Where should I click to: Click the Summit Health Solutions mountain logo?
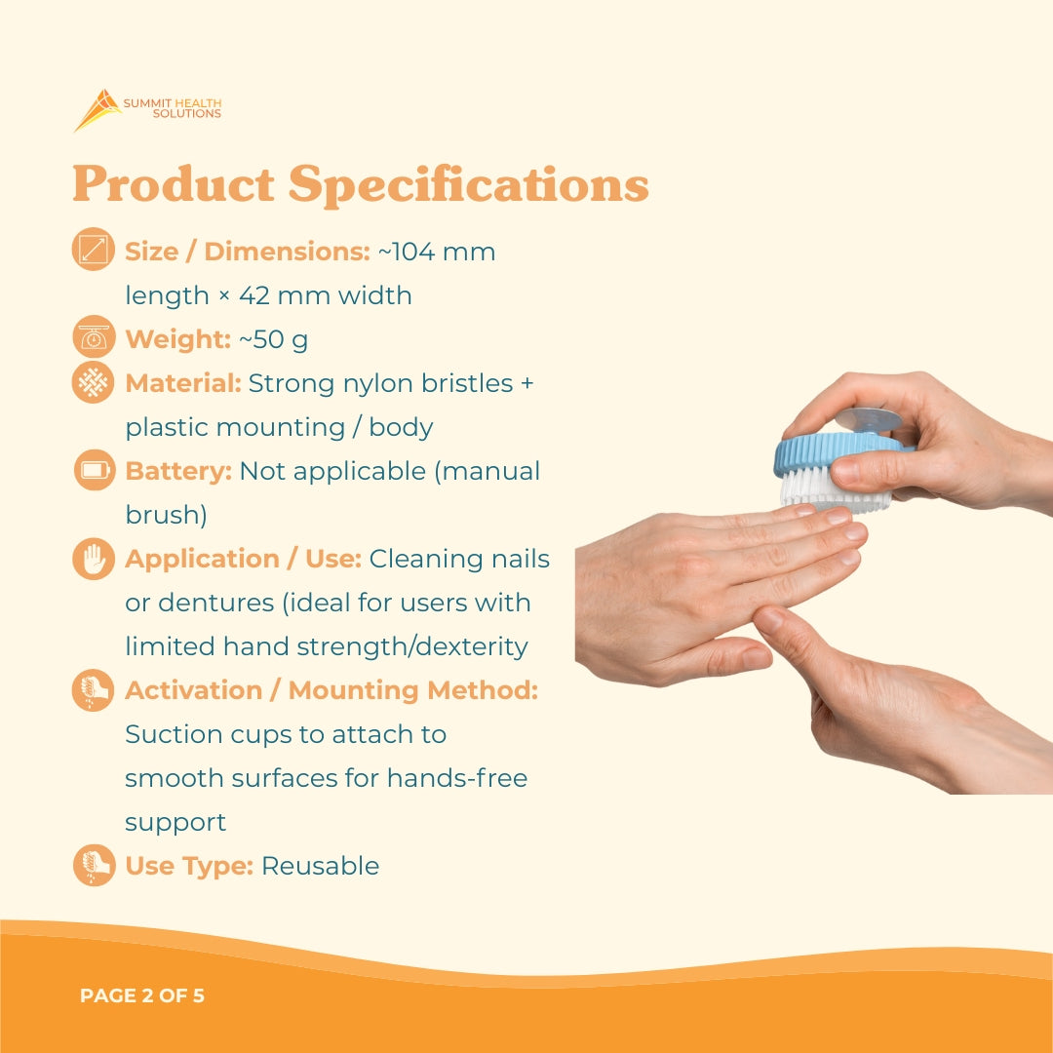(x=97, y=109)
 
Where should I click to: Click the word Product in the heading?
(x=173, y=184)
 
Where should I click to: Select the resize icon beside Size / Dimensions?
(x=94, y=251)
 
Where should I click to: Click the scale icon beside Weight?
(x=94, y=338)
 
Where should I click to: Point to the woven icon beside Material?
(x=94, y=382)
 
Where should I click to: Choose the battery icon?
(x=94, y=471)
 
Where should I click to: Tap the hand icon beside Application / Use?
(x=94, y=559)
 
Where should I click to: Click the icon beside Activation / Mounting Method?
(x=94, y=690)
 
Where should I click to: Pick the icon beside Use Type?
(x=94, y=866)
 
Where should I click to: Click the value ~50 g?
(x=273, y=339)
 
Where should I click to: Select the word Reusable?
(x=321, y=866)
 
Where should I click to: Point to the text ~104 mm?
(x=436, y=252)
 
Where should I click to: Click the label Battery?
(x=178, y=471)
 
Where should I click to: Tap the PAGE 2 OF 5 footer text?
(x=142, y=996)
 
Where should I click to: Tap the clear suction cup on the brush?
(x=868, y=419)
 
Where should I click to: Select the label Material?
(x=183, y=383)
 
